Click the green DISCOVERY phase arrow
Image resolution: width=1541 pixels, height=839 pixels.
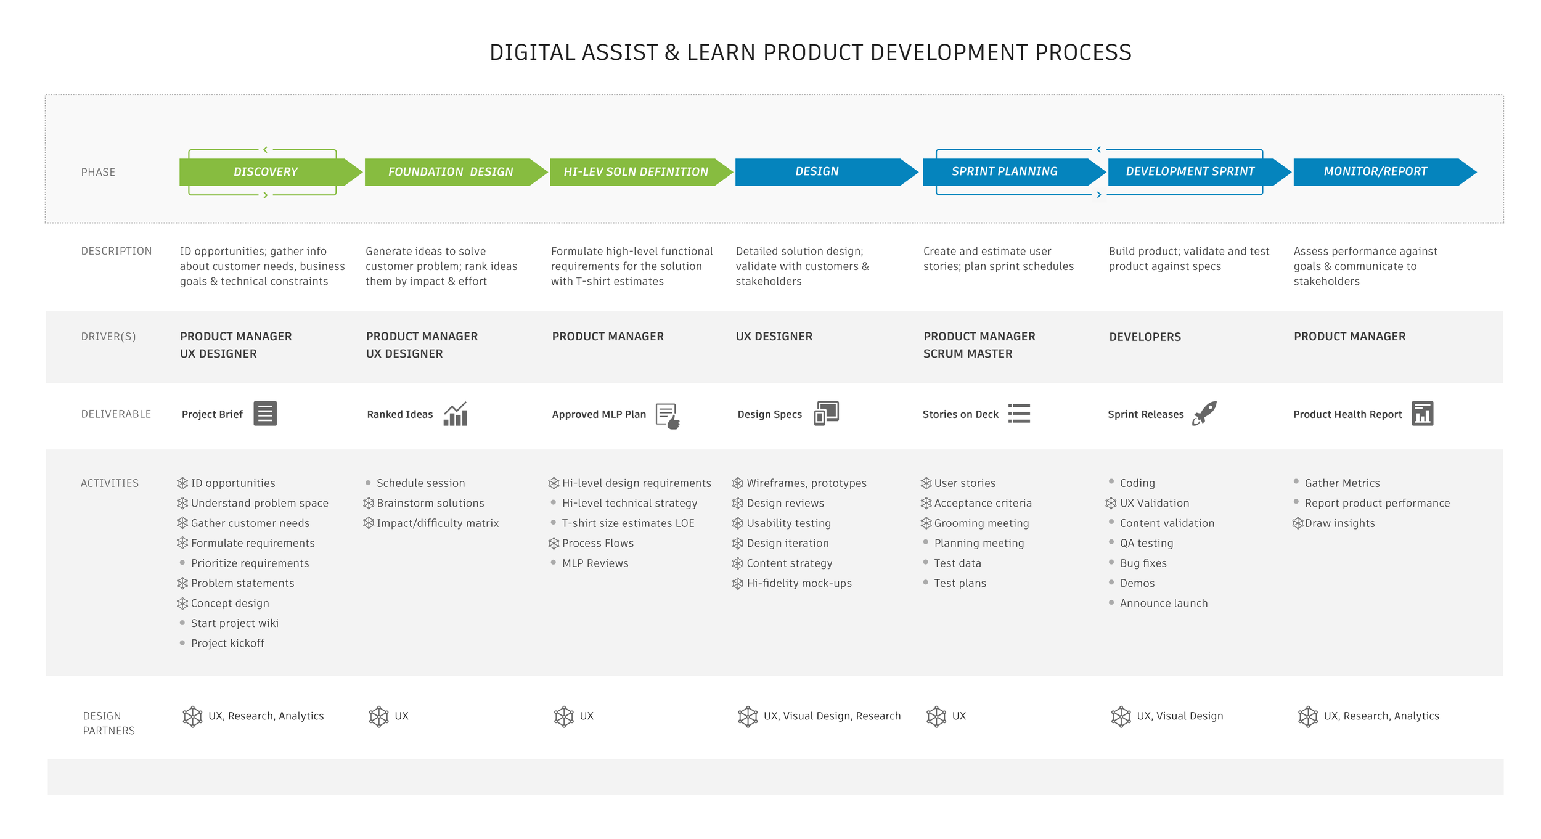point(266,172)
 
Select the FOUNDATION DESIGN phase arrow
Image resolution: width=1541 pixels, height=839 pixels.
point(451,172)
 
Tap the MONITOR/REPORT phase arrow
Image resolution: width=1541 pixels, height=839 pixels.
point(1375,172)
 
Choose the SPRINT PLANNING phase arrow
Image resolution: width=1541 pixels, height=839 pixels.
point(1004,172)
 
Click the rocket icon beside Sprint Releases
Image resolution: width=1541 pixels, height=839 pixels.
point(1204,413)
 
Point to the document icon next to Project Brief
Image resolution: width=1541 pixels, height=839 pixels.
point(265,414)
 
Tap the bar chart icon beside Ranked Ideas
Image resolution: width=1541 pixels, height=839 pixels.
point(456,414)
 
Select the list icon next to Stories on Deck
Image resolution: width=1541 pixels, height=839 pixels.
point(1019,414)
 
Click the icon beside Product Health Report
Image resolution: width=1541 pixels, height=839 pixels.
point(1422,414)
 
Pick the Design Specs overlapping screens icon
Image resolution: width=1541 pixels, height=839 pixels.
point(826,413)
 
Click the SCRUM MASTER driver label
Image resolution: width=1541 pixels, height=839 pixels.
point(967,354)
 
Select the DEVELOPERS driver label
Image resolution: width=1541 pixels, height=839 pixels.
point(1145,337)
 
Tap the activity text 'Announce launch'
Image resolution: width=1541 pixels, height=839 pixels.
point(1163,604)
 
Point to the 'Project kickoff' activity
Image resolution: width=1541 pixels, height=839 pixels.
point(227,644)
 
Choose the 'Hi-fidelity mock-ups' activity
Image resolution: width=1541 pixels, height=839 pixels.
point(799,583)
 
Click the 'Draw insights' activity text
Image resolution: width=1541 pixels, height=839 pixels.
point(1339,523)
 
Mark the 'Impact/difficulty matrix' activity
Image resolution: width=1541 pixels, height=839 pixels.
point(438,523)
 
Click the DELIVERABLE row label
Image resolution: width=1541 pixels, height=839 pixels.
point(116,414)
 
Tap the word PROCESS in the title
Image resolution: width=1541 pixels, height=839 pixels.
point(1082,53)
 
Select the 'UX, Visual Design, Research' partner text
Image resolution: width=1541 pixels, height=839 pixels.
point(832,716)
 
